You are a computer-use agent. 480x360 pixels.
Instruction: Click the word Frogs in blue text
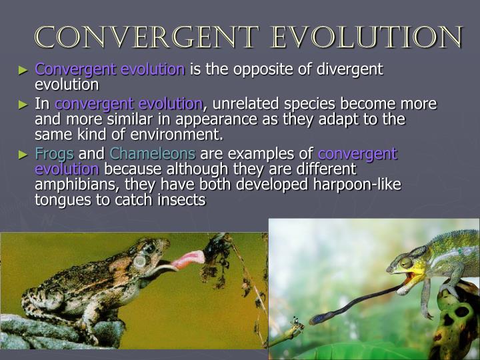55,154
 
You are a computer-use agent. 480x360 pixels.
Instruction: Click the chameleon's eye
406,263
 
